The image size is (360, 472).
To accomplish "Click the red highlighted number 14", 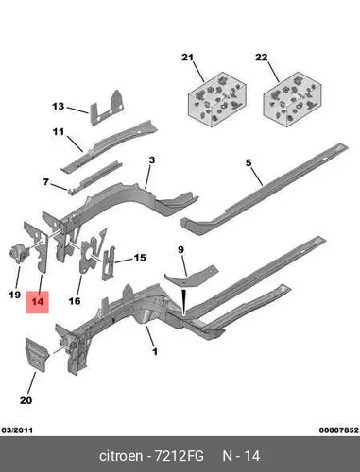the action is pyautogui.click(x=38, y=302).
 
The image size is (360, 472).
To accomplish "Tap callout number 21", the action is pyautogui.click(x=187, y=58).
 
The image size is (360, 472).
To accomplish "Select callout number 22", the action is pyautogui.click(x=262, y=58).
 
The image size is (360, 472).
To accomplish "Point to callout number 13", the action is pyautogui.click(x=59, y=107).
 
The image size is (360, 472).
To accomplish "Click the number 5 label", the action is pyautogui.click(x=249, y=163).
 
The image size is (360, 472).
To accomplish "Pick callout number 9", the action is pyautogui.click(x=180, y=250).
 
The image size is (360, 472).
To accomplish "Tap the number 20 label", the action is pyautogui.click(x=26, y=400).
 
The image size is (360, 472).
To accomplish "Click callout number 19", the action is pyautogui.click(x=14, y=295).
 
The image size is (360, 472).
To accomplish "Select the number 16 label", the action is pyautogui.click(x=75, y=301).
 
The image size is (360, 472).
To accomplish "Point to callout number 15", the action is pyautogui.click(x=140, y=258).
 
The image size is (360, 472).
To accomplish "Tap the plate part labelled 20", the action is pyautogui.click(x=37, y=355).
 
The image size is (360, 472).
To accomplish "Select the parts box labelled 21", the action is pyautogui.click(x=216, y=100).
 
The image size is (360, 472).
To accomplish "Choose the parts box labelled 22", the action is pyautogui.click(x=292, y=100).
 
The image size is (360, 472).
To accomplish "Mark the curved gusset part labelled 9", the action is pyautogui.click(x=190, y=277).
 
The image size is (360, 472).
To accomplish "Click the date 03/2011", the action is pyautogui.click(x=17, y=430).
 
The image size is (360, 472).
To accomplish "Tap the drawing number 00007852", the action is pyautogui.click(x=339, y=430).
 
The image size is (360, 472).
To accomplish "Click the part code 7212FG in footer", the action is pyautogui.click(x=179, y=456).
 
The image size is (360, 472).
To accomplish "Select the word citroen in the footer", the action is pyautogui.click(x=121, y=456).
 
